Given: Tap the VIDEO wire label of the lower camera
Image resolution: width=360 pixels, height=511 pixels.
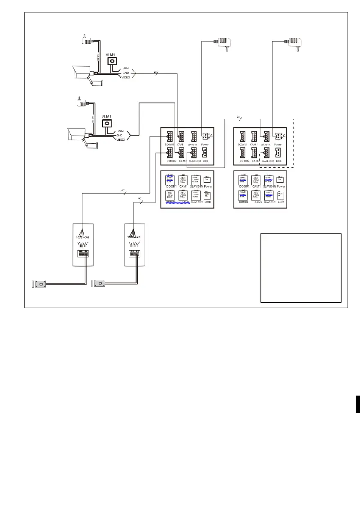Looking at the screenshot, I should (120, 139).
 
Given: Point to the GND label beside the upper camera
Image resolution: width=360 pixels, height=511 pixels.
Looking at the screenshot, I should (126, 73).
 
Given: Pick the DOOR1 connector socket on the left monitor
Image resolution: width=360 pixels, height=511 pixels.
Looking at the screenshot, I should (167, 136).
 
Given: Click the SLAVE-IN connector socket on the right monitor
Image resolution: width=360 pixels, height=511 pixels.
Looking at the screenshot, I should (266, 136).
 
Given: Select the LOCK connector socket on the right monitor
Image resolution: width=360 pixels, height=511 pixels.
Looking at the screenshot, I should (279, 153).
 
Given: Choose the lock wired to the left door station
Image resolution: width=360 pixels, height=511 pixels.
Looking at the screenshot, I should (39, 284).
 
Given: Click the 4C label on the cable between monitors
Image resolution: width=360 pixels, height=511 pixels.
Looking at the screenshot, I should (239, 117).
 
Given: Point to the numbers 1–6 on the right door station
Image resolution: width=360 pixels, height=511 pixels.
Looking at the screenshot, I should (134, 236).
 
